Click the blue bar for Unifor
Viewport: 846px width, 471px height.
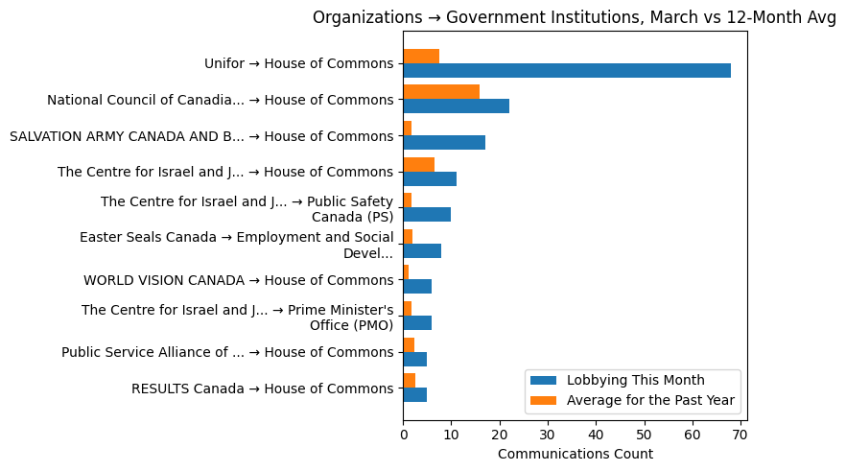[x=566, y=71]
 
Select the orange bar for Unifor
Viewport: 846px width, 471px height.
[x=421, y=57]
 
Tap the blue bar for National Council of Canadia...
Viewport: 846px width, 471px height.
[x=456, y=106]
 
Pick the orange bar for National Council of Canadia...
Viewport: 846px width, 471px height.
[x=441, y=92]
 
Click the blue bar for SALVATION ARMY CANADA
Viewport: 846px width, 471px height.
[x=444, y=143]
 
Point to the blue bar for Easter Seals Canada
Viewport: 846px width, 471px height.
[x=422, y=250]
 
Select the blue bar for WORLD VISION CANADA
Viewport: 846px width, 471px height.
[x=417, y=287]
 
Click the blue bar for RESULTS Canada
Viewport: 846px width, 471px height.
[x=414, y=395]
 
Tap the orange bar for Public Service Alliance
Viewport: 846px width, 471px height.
[x=409, y=344]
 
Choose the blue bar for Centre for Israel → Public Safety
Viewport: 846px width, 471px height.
[x=427, y=215]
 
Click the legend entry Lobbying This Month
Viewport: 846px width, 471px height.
[x=635, y=380]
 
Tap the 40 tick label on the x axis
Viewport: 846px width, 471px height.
[x=596, y=435]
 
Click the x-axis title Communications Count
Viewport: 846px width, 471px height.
[x=575, y=454]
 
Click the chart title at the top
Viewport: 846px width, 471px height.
[x=575, y=17]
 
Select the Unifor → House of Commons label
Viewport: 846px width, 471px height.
[x=298, y=64]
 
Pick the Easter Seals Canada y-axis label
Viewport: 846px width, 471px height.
[x=236, y=245]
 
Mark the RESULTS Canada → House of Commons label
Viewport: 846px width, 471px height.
[x=262, y=389]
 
